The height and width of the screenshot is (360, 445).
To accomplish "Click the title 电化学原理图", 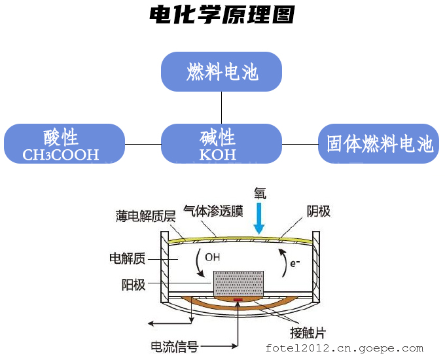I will pos(222,15).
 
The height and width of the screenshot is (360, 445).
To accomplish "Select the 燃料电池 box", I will pos(221,71).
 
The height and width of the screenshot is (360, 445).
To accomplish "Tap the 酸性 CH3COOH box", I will pos(64,144).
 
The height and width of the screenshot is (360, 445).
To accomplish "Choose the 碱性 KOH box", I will pos(221,144).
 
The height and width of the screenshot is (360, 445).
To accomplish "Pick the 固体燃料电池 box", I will pos(378,144).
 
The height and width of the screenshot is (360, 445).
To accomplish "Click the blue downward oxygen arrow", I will pos(260,218).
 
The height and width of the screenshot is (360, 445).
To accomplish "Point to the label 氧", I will pos(260,193).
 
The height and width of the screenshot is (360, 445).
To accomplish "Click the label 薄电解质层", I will pos(146,216).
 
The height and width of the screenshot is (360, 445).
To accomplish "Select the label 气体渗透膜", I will pos(213,211).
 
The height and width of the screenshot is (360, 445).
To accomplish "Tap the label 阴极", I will pos(319,211).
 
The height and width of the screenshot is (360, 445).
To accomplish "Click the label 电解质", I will pos(128,259).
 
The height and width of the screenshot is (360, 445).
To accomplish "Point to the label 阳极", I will pos(133,285).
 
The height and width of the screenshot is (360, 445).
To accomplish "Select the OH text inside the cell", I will pos(213,257).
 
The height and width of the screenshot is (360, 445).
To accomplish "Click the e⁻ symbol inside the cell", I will pos(295,263).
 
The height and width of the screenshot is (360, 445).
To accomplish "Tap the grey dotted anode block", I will pos(239,283).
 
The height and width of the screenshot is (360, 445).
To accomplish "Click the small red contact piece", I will pos(238,301).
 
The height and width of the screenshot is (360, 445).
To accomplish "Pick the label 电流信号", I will pos(174,346).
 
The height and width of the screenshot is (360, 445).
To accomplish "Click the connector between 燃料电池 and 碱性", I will pos(222,107).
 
